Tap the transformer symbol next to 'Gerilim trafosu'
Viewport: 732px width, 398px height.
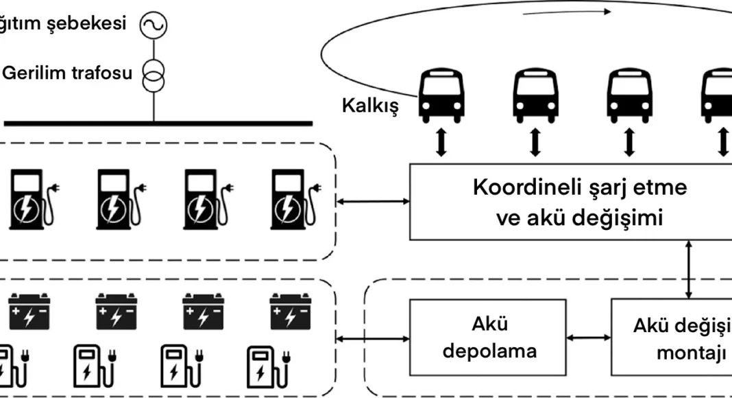(x=154, y=73)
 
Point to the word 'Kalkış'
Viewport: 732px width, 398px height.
(x=369, y=106)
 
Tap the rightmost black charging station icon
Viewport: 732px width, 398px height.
(x=289, y=199)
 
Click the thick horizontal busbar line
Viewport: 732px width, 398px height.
(x=158, y=124)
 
